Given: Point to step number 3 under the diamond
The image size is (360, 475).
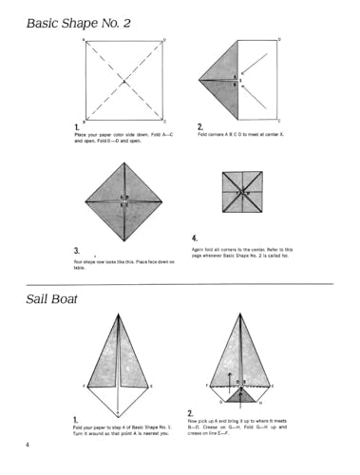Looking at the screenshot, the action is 75,250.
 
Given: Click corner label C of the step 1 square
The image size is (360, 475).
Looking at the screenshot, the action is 165,123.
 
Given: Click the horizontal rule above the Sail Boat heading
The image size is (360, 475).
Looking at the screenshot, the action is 180,283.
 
